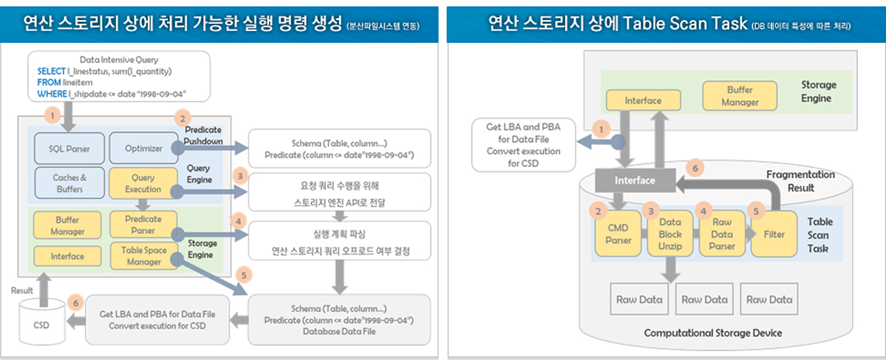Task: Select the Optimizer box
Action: point(143,149)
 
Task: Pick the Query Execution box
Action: point(143,183)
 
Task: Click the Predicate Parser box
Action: point(143,224)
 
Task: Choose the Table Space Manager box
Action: point(143,256)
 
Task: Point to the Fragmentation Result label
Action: point(800,181)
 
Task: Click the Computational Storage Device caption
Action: point(712,333)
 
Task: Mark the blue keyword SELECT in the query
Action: point(51,71)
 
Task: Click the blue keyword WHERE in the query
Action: point(51,94)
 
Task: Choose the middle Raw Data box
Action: point(703,299)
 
